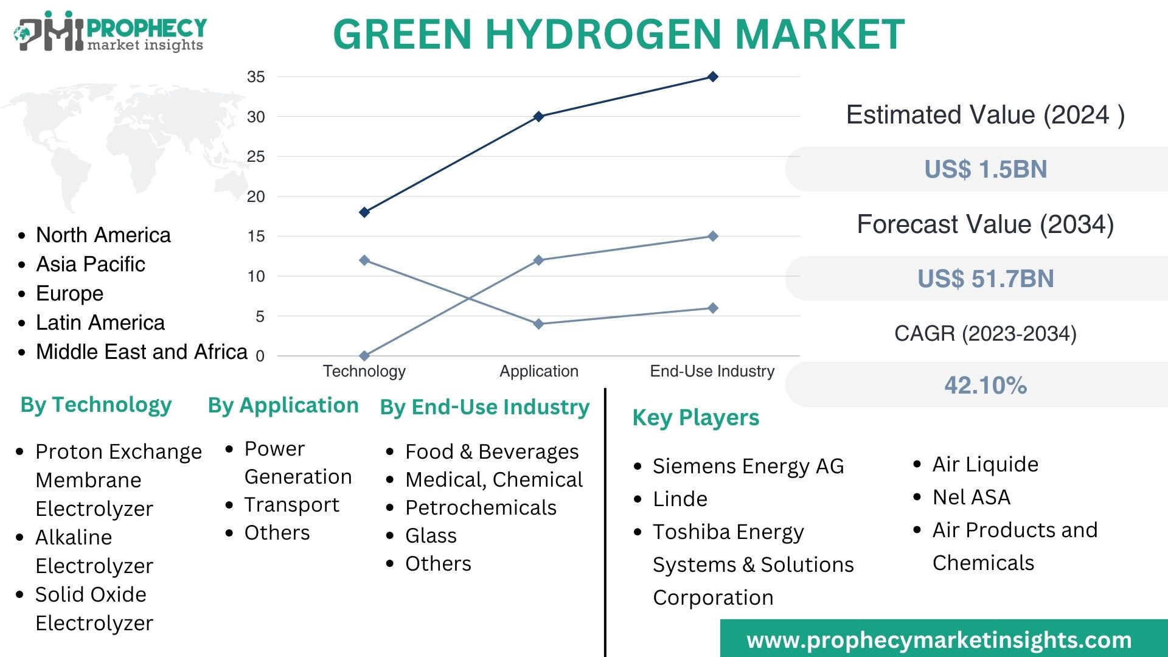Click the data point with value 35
point(713,77)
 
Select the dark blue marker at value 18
point(364,212)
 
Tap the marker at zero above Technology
point(364,356)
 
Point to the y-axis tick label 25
point(256,157)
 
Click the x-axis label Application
point(539,371)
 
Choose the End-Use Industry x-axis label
point(712,371)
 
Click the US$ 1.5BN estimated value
point(985,169)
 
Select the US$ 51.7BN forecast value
point(985,279)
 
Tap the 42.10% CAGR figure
point(985,385)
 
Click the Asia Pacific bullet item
point(91,264)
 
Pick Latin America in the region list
point(100,322)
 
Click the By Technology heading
point(96,405)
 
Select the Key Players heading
point(696,418)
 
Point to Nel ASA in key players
point(972,497)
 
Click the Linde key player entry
point(680,499)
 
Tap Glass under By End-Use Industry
point(431,535)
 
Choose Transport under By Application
point(291,505)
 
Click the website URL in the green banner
point(939,640)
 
